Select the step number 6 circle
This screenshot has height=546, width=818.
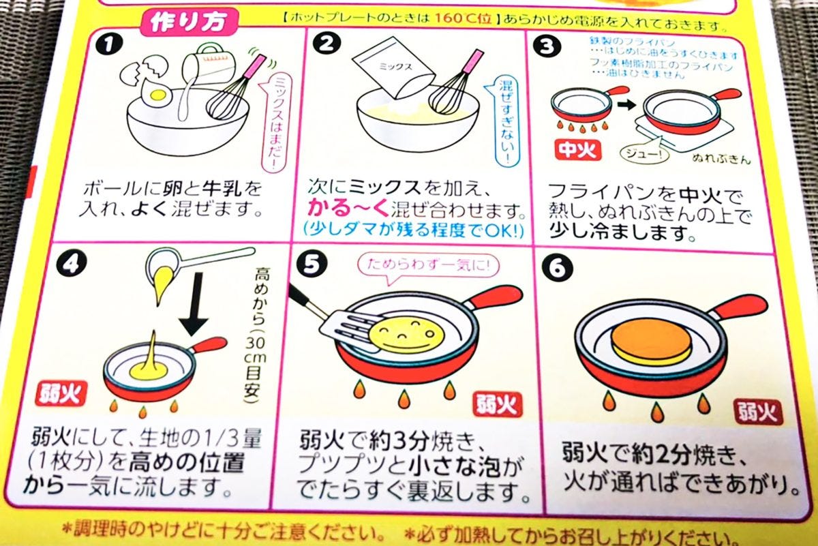pos(557,269)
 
